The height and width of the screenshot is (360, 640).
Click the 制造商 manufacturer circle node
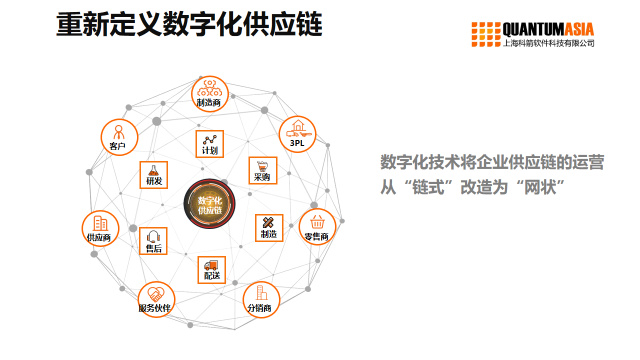(210, 94)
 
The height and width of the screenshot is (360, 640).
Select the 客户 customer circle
(119, 138)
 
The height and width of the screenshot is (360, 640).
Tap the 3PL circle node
(298, 134)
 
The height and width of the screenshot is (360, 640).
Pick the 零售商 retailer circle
(317, 227)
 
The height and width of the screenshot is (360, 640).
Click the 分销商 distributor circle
(261, 300)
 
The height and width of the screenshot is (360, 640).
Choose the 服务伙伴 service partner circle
(156, 300)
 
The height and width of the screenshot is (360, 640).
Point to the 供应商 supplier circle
(100, 229)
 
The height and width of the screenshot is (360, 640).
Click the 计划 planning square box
(210, 144)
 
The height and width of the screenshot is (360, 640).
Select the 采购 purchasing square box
(263, 171)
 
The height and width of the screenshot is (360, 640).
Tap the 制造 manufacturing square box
(269, 228)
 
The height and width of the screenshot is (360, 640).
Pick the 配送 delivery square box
(211, 270)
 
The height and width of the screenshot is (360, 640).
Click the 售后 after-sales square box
(153, 241)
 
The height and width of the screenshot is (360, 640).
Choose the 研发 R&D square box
(154, 175)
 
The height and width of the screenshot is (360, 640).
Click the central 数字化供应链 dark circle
(210, 204)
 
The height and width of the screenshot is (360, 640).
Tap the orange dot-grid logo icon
(486, 34)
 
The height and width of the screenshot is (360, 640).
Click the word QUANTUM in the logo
(533, 30)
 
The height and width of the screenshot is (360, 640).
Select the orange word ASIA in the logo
(579, 30)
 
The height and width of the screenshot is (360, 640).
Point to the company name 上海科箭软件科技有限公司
(548, 43)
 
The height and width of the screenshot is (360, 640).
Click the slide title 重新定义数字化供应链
(189, 24)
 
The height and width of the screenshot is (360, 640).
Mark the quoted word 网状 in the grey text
(540, 187)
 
